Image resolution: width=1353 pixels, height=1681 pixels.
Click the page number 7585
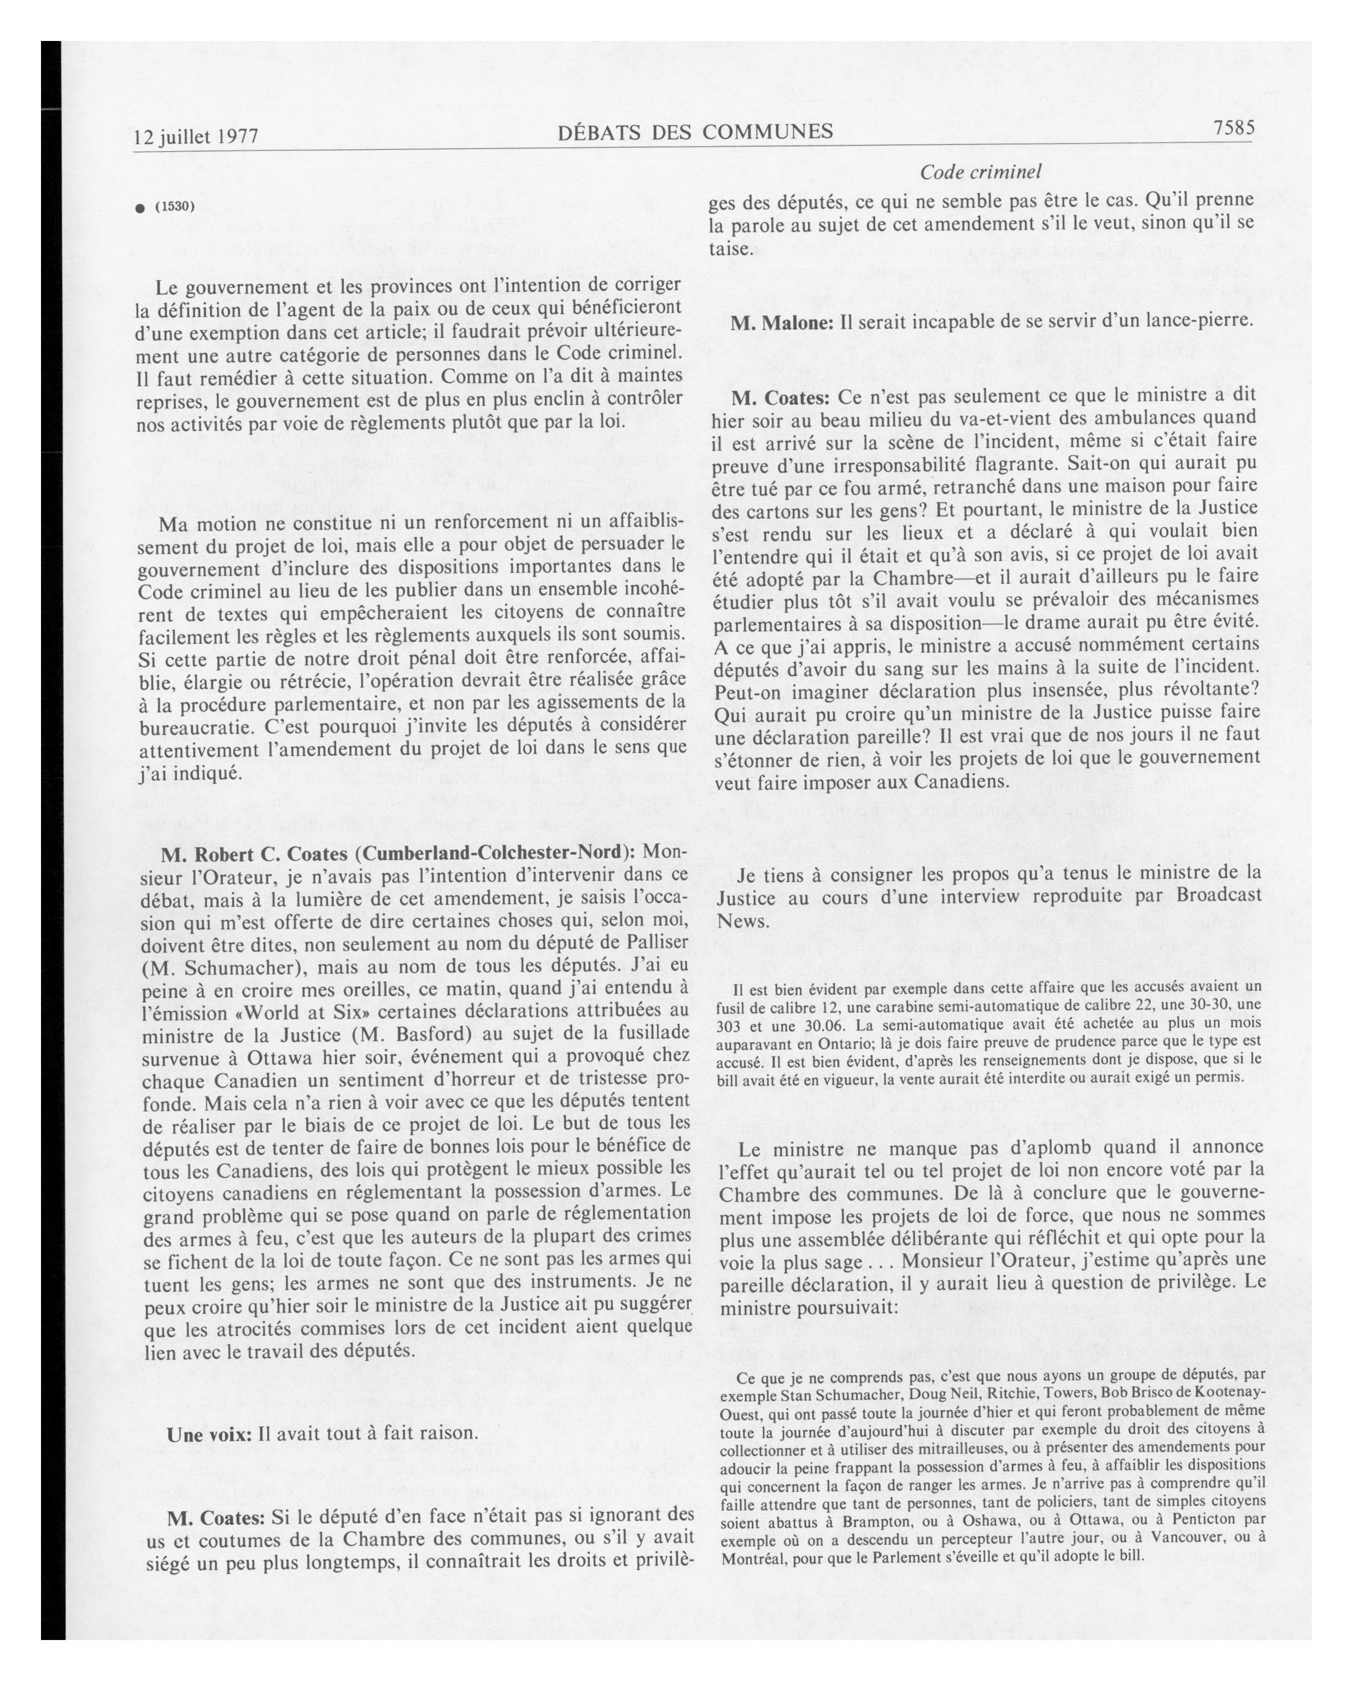1232,128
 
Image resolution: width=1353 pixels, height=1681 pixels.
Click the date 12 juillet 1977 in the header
196,137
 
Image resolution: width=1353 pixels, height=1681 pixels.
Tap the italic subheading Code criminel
980,172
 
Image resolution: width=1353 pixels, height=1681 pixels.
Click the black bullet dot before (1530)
140,208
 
